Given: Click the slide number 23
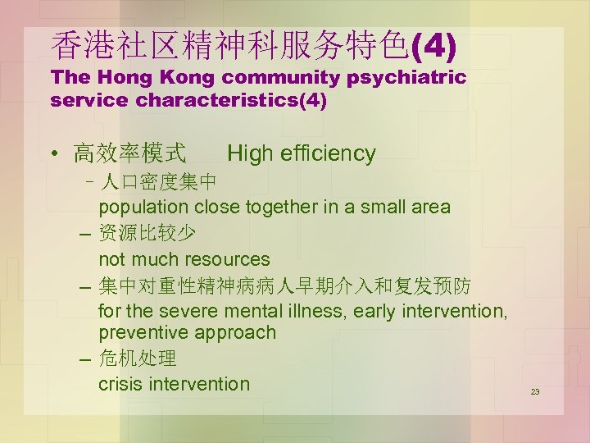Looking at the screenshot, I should point(535,392).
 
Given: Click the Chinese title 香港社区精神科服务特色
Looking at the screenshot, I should point(229,46).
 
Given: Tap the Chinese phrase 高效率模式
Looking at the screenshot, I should point(129,153).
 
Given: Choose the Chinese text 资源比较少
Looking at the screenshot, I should point(147,234).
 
